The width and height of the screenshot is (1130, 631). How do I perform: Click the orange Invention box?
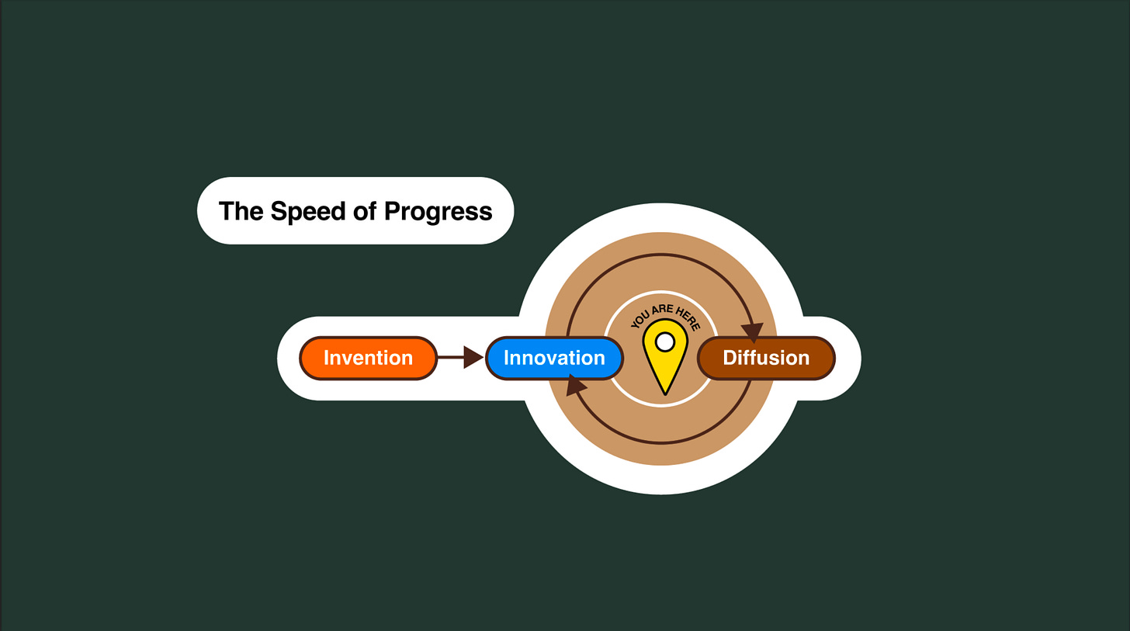(x=368, y=358)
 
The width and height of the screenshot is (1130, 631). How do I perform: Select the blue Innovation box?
(x=554, y=358)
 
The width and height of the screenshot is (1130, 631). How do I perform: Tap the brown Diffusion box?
(x=766, y=358)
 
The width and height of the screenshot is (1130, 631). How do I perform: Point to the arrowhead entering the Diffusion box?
(x=752, y=332)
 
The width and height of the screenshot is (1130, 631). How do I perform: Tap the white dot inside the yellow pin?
(x=665, y=342)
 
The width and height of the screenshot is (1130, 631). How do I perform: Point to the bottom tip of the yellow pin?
(x=665, y=393)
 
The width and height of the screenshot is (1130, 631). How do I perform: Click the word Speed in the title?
(x=307, y=211)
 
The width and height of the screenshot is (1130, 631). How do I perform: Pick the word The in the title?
(x=241, y=211)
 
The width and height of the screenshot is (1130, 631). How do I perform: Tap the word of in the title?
(x=366, y=211)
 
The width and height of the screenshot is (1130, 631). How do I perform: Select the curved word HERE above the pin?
(x=688, y=319)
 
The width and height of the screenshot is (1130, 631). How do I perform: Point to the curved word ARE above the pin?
(x=664, y=310)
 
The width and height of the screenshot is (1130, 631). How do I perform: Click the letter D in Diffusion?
(x=730, y=358)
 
